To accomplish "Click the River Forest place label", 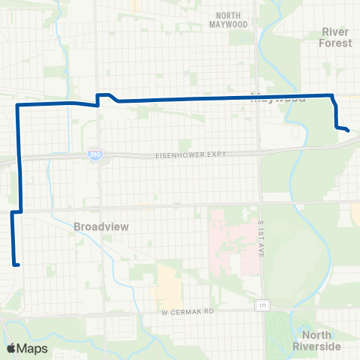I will point(336,37).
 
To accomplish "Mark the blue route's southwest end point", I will point(16,264).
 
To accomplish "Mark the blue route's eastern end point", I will point(348,130).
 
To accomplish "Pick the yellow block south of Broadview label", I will point(169,285).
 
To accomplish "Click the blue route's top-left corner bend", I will point(17,106).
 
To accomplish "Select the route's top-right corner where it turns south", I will point(331,95).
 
